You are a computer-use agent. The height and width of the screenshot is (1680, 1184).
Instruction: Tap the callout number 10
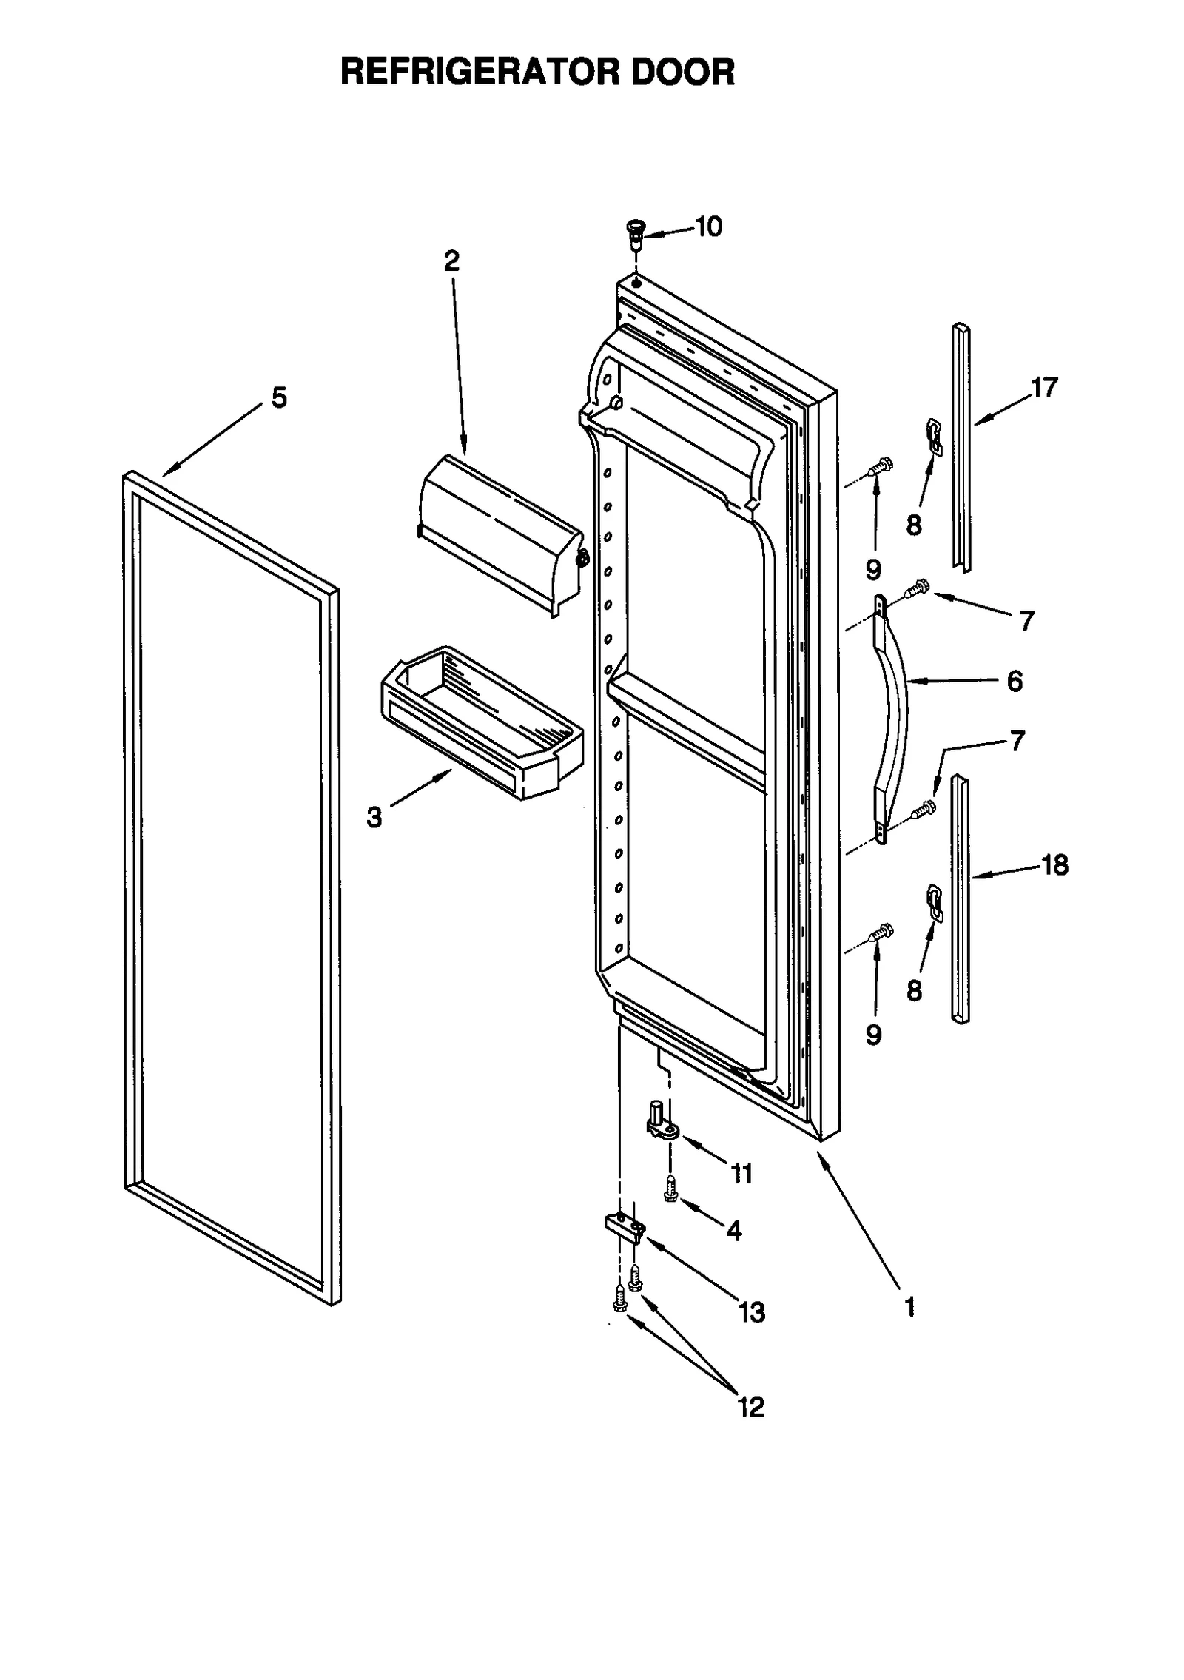(708, 227)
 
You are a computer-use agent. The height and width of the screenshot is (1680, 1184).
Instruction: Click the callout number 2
(451, 261)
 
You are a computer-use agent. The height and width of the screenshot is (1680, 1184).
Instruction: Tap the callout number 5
(279, 398)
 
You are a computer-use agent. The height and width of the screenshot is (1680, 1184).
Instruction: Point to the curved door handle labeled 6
(894, 718)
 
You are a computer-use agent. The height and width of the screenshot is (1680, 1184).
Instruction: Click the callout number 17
(1044, 388)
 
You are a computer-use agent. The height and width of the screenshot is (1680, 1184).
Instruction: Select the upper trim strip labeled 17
(961, 448)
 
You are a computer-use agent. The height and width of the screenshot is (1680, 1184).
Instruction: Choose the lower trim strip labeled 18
(960, 898)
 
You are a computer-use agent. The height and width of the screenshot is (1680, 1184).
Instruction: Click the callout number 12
(750, 1406)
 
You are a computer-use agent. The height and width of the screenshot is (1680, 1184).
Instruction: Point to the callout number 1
(909, 1307)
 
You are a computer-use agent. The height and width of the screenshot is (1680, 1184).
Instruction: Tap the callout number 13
(751, 1313)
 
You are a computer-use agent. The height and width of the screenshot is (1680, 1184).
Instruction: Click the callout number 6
(1015, 681)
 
